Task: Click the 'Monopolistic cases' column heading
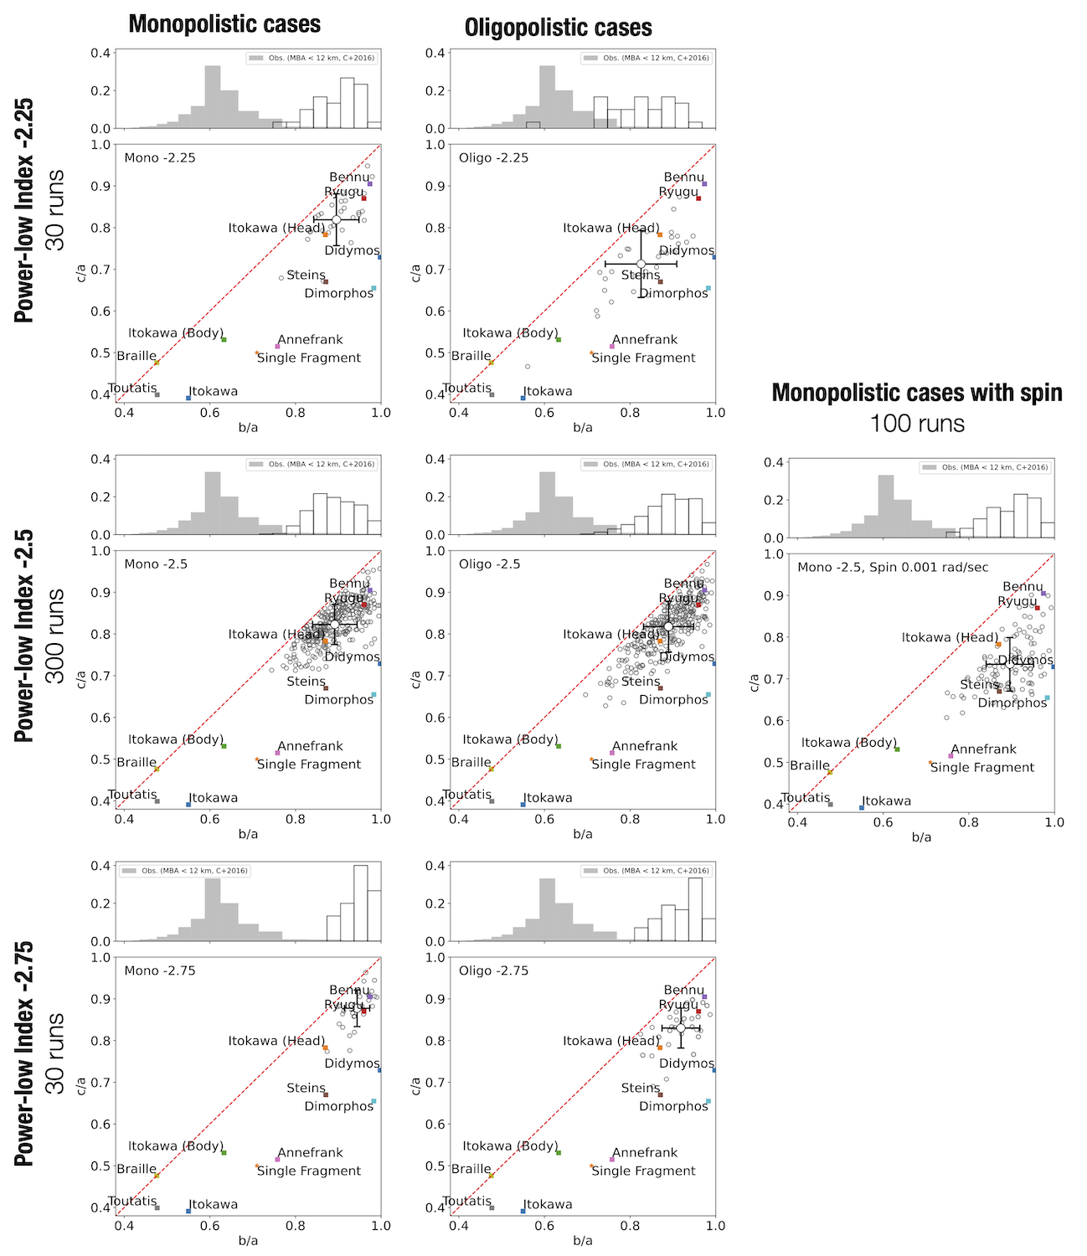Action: (x=224, y=24)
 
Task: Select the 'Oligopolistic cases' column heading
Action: (x=558, y=28)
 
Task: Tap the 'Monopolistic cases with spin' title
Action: (x=917, y=393)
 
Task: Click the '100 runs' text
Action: (x=917, y=424)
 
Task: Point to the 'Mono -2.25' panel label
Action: (x=160, y=157)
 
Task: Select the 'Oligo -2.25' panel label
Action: (x=493, y=157)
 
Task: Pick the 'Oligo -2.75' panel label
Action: (x=493, y=970)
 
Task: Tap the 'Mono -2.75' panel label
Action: (x=160, y=970)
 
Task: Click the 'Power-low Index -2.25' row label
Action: (x=25, y=210)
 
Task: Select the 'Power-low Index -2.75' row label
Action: (x=25, y=1053)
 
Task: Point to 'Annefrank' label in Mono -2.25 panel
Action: (x=310, y=339)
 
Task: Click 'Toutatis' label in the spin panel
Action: (x=806, y=798)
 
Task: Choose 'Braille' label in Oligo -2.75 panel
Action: (x=471, y=1169)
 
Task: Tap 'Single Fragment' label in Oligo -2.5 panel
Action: (x=643, y=764)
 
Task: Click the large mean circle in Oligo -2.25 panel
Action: (x=641, y=264)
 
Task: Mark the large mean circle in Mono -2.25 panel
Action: (x=336, y=219)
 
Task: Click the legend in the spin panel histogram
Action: (x=985, y=467)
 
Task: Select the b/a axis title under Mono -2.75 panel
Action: (x=248, y=1240)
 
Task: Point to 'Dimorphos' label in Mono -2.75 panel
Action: (x=338, y=1106)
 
